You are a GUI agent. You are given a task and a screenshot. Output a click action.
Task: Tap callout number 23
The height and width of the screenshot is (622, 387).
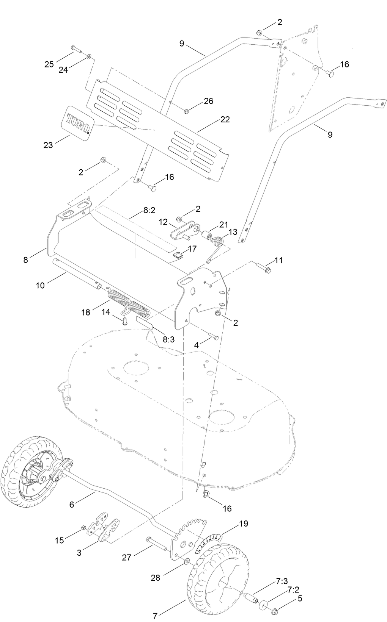pos(48,145)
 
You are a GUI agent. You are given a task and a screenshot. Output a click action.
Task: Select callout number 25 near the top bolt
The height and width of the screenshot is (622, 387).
pos(49,64)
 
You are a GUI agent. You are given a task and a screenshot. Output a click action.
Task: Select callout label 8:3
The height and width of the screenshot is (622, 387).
pos(168,339)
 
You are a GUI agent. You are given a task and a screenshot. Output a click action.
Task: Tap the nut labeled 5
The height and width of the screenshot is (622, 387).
pos(275,611)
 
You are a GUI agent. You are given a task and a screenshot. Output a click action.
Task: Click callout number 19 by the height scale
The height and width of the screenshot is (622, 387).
pos(243,524)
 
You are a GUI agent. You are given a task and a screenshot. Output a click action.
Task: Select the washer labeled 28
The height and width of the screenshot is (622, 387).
pos(187,561)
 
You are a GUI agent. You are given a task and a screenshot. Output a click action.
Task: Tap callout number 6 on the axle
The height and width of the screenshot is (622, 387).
pos(72,504)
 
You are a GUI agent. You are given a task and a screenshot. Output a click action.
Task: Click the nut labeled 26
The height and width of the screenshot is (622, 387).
pos(187,111)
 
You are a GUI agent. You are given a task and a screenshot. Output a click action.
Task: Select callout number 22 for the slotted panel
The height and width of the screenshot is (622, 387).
pos(225,119)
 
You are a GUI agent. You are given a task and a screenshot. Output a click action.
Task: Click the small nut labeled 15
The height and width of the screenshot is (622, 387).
pos(83,528)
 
